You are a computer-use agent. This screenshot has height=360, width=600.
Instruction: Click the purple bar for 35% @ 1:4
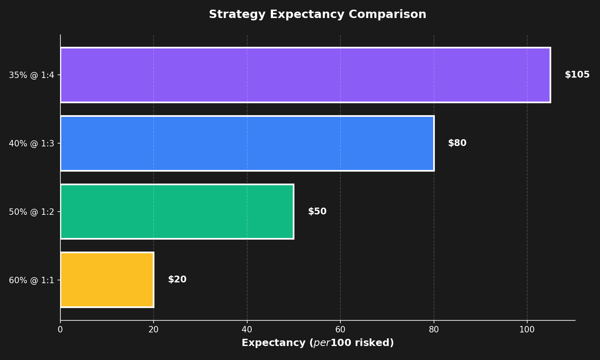click(x=305, y=75)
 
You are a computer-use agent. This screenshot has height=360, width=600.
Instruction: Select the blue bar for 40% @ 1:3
click(x=247, y=143)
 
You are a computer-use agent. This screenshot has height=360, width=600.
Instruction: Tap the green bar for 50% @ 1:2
click(x=177, y=212)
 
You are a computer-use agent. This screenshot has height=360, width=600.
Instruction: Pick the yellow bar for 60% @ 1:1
click(x=107, y=280)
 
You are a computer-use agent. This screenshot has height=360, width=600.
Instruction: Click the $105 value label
click(x=577, y=75)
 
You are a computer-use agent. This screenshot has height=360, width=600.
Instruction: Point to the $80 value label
click(x=457, y=143)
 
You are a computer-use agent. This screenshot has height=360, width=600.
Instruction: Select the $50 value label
click(x=317, y=212)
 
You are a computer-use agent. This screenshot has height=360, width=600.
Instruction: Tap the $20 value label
click(x=177, y=280)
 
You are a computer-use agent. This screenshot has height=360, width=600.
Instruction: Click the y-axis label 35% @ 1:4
click(x=31, y=75)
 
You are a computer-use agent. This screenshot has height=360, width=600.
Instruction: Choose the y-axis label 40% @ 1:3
click(x=31, y=144)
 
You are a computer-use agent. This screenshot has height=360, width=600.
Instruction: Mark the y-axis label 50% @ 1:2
click(x=31, y=212)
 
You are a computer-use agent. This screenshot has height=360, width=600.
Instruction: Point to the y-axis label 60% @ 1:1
click(x=31, y=280)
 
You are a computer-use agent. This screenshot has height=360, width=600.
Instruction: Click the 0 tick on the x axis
click(x=60, y=330)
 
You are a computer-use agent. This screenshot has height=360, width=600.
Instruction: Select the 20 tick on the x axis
click(x=154, y=330)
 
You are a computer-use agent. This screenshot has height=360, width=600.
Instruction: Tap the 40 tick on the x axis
click(x=247, y=330)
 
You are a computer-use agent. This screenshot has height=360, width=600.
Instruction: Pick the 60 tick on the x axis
click(x=340, y=330)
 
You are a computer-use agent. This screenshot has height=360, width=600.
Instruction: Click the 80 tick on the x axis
click(x=434, y=330)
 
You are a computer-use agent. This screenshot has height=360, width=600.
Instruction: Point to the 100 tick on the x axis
click(x=527, y=330)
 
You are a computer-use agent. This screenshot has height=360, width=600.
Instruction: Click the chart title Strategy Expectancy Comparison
click(x=317, y=14)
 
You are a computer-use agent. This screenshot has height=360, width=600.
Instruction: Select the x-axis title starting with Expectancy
click(x=317, y=343)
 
